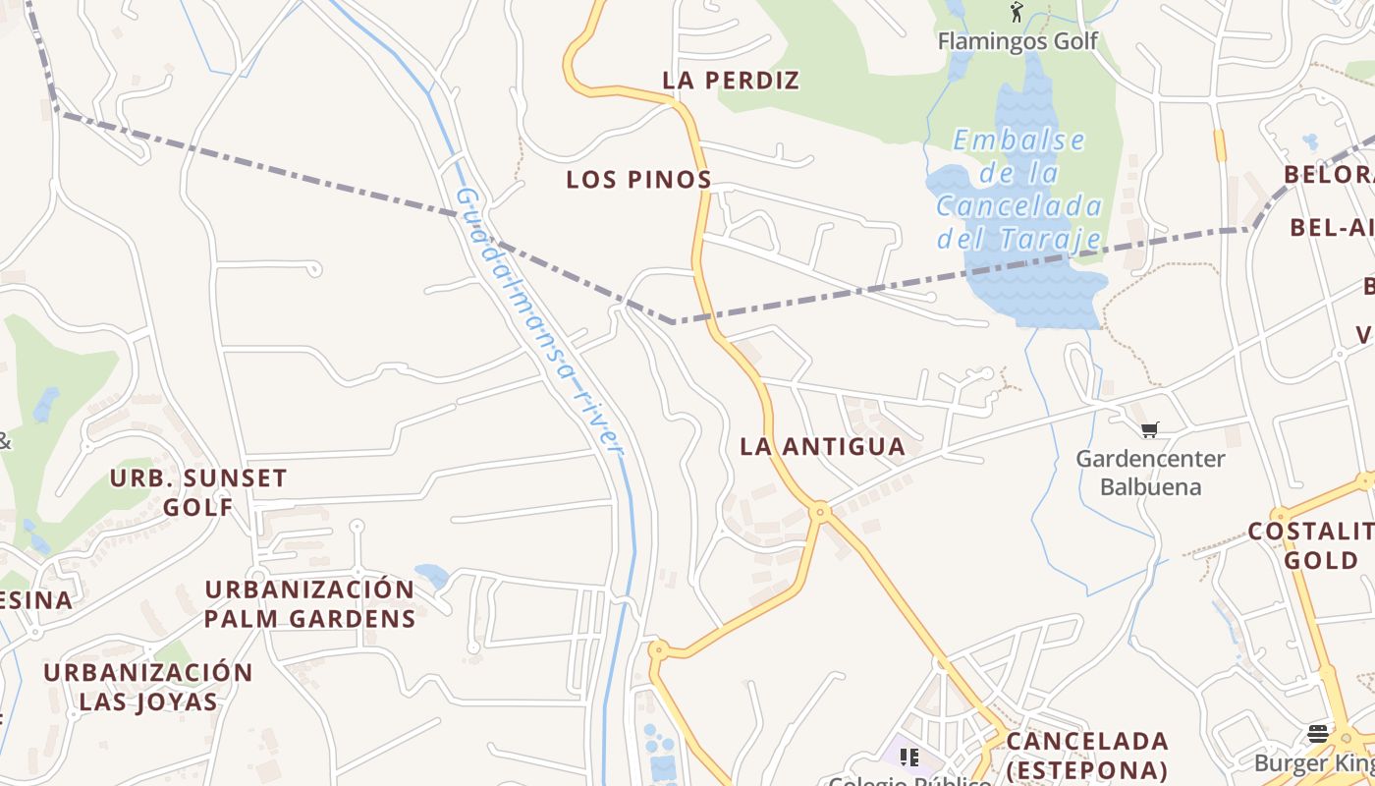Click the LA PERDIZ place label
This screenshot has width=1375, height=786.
tap(731, 81)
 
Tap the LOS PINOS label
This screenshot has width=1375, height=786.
tap(638, 180)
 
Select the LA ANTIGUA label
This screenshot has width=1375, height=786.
tap(822, 446)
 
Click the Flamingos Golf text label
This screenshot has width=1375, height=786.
tap(1017, 41)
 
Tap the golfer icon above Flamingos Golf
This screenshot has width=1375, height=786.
tap(1017, 13)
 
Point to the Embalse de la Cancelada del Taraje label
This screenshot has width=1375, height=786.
tap(1018, 190)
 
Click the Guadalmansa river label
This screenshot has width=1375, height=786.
tap(540, 319)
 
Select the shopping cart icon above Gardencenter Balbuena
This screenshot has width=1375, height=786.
tap(1150, 429)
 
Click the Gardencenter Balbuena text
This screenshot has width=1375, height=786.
tap(1150, 473)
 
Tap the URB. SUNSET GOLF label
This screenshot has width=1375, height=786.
tap(198, 492)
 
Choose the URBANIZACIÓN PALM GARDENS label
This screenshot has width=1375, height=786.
tap(309, 603)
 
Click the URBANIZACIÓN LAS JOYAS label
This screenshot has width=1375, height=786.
tap(148, 687)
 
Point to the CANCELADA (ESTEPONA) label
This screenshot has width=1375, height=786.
tap(1087, 754)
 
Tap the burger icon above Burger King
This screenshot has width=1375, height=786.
tap(1317, 734)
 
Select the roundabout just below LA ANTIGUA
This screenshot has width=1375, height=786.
tap(820, 511)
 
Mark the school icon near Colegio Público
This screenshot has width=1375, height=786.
tap(909, 757)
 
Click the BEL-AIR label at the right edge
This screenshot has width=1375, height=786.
tap(1332, 228)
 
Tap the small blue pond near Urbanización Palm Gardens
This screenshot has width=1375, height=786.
tap(432, 576)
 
